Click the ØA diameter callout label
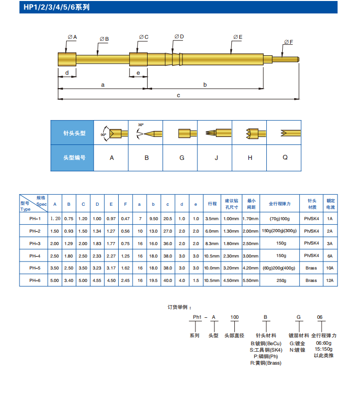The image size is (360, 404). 72,37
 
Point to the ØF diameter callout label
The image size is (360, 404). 288,42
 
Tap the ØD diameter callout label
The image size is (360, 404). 179,37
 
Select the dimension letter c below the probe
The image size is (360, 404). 179,95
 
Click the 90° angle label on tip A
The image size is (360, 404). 104,135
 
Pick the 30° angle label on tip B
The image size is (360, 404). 141,125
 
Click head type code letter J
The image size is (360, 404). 216,157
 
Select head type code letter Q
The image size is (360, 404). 285,157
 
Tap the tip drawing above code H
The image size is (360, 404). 250,134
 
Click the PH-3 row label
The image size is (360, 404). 35,243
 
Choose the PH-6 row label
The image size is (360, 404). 35,280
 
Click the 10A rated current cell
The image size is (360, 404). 330,268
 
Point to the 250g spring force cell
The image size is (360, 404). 282,280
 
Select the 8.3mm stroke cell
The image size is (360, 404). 212,243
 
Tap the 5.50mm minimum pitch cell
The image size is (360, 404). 250,280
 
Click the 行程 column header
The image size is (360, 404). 212,204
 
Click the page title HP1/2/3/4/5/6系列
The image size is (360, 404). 56,8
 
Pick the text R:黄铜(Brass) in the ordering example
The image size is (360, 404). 265,363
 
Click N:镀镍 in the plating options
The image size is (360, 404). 298,350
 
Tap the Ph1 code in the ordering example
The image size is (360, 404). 197,317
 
